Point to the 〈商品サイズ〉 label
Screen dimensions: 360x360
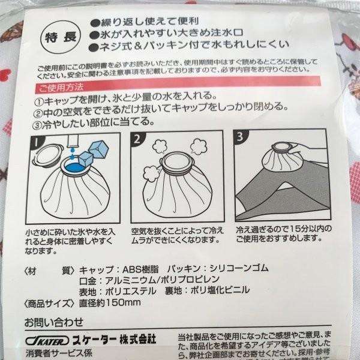[x=47, y=302]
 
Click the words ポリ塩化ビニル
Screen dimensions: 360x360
[x=230, y=291]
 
